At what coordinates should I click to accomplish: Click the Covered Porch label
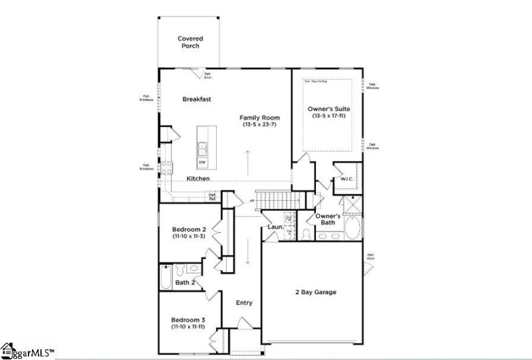[190, 42]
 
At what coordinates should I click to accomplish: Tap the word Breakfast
[197, 99]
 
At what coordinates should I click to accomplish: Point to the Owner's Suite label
[329, 108]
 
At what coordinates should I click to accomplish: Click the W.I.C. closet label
[346, 178]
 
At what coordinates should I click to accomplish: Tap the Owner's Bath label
[328, 219]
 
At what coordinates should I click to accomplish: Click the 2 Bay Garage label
[316, 291]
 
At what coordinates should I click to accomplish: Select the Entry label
[244, 303]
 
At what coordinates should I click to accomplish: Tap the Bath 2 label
[185, 283]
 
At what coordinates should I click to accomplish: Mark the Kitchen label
[198, 178]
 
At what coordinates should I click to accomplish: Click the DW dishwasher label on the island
[202, 162]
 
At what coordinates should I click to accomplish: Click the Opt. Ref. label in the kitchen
[213, 196]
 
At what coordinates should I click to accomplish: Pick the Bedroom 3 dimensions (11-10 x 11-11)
[188, 327]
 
